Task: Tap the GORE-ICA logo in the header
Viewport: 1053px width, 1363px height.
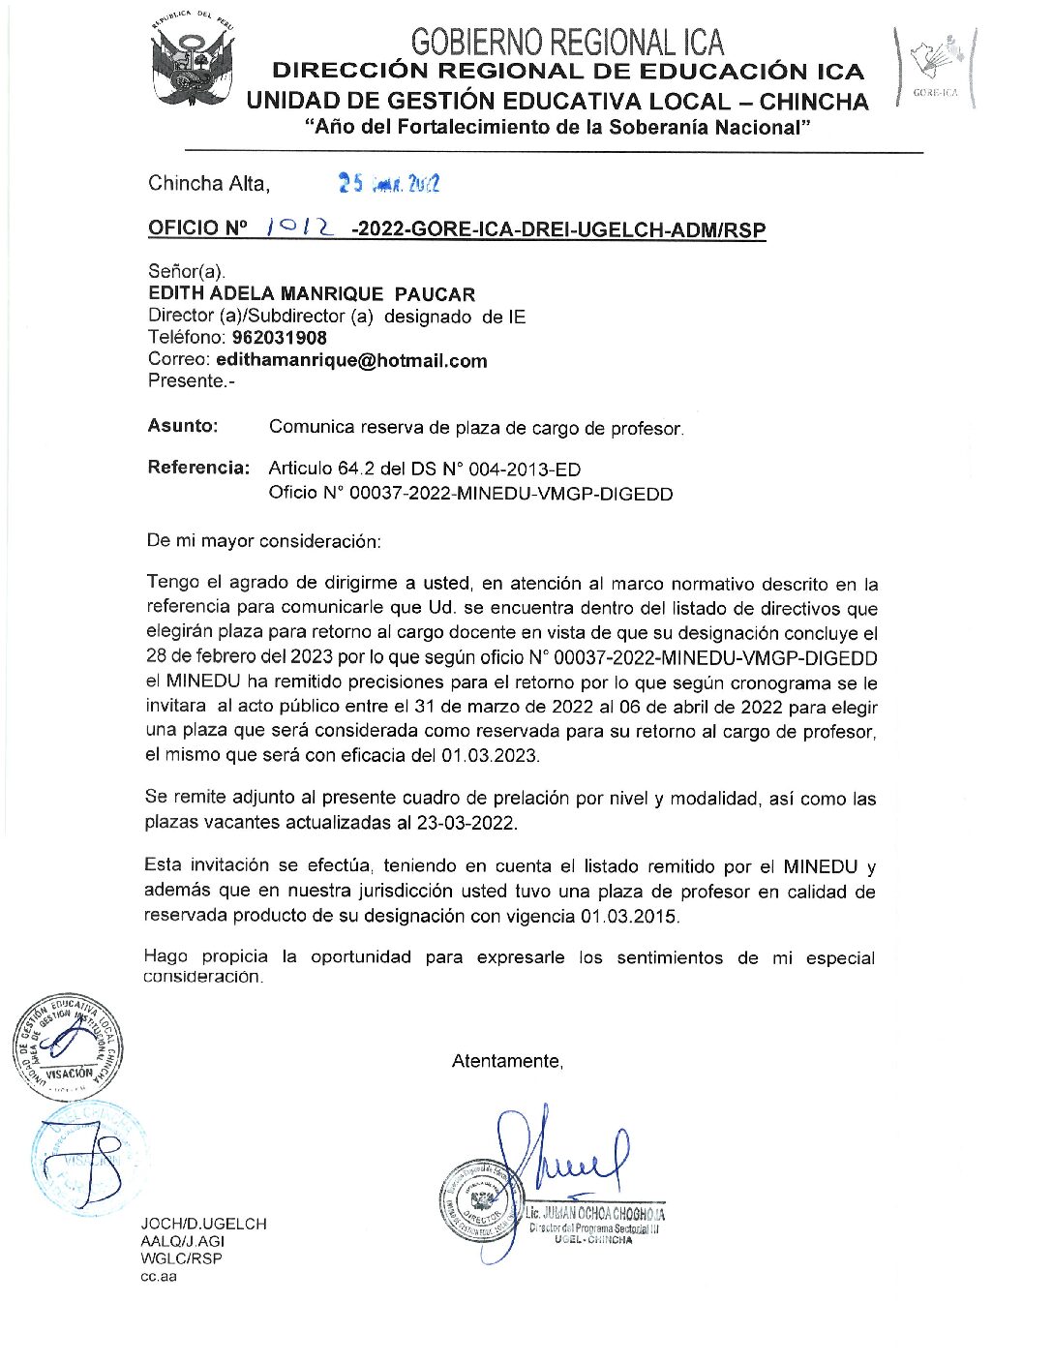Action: point(935,66)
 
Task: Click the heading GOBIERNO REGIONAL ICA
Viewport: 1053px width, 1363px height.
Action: point(567,42)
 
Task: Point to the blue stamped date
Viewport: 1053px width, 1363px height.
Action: point(388,183)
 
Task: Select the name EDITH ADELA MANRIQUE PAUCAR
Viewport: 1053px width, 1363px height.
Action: point(312,293)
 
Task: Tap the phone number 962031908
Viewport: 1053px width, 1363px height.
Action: point(280,338)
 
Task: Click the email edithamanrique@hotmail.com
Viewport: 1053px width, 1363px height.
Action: point(351,360)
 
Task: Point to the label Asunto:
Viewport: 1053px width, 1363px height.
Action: point(183,425)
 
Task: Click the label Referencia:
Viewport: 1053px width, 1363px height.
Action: point(199,468)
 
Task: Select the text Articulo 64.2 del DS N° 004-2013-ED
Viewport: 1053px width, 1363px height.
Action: point(425,469)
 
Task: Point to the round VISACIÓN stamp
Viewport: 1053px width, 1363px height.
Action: point(68,1046)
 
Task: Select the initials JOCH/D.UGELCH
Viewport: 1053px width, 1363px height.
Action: point(203,1224)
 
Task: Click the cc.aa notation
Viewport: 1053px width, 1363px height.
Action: point(159,1276)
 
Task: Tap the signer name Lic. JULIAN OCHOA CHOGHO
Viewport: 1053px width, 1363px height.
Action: point(594,1213)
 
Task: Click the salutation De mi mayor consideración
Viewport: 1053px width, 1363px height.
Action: point(263,540)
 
